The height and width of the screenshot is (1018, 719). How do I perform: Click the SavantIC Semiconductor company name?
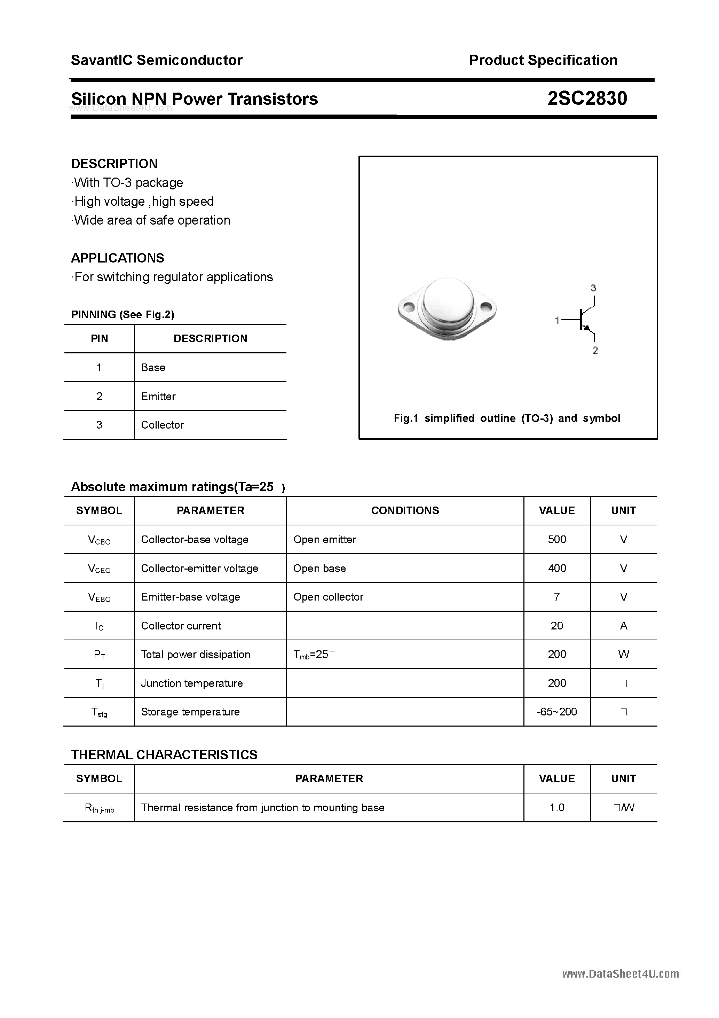click(157, 60)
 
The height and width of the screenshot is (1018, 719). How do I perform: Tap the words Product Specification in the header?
click(543, 60)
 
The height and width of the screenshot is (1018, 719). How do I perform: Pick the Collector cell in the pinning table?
click(162, 425)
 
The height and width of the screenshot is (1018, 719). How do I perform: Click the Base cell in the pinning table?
click(153, 368)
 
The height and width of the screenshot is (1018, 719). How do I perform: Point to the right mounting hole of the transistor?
click(486, 306)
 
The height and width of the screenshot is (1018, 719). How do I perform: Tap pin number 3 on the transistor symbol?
click(594, 288)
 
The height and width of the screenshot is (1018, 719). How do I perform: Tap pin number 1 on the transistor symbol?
click(557, 320)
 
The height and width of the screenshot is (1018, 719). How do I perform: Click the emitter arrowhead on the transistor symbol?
click(586, 328)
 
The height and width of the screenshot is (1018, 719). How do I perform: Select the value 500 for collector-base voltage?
click(557, 539)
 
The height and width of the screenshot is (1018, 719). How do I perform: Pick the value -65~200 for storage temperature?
click(557, 712)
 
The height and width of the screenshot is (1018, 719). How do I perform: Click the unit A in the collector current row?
click(623, 626)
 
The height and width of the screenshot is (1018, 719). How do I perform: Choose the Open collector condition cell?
click(328, 597)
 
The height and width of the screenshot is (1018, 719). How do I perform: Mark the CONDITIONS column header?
click(405, 510)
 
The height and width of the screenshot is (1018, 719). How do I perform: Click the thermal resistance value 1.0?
click(557, 807)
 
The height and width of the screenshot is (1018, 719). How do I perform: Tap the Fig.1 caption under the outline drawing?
click(507, 418)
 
